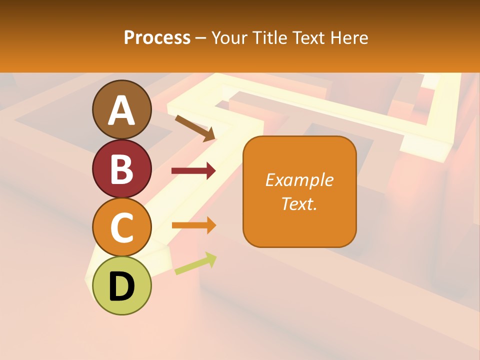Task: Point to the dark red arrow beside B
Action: (193, 171)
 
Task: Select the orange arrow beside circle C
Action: (193, 225)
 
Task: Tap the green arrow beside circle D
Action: (195, 263)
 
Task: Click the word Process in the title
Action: (157, 37)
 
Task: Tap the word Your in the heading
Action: (229, 37)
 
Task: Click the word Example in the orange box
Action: (299, 180)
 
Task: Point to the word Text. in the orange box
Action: (299, 203)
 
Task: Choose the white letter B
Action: (121, 169)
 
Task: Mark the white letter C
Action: (121, 227)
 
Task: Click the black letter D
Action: (121, 286)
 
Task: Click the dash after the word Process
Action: (201, 38)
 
